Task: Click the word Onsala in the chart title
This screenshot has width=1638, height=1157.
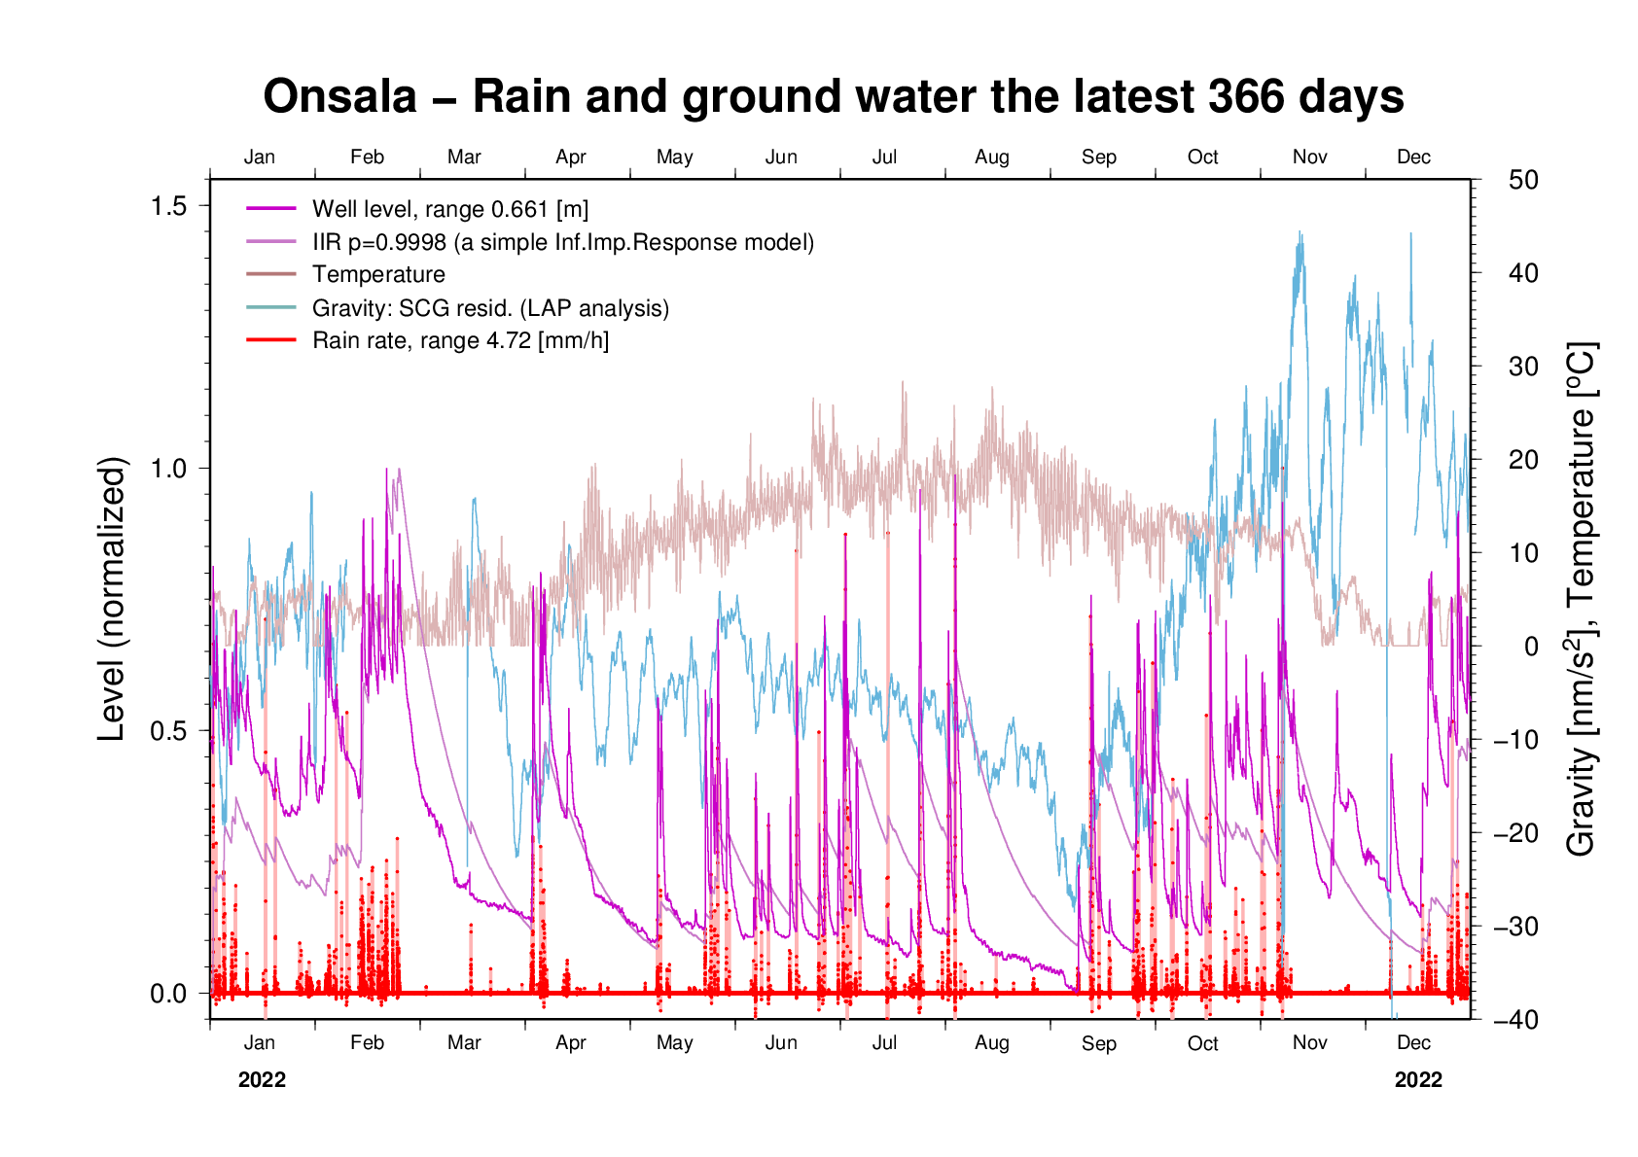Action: pos(339,97)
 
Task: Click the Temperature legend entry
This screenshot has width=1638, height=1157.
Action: pos(378,275)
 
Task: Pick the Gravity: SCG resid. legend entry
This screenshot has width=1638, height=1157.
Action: pos(490,308)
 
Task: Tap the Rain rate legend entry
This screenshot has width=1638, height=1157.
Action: pos(460,341)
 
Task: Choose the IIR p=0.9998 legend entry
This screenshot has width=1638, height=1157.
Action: pos(562,242)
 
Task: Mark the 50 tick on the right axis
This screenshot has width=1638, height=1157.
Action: pos(1524,180)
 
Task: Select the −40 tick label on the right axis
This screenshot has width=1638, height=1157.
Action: pos(1516,1020)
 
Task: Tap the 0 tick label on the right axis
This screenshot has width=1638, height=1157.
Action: pos(1531,647)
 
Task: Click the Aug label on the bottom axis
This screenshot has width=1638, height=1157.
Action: pos(992,1043)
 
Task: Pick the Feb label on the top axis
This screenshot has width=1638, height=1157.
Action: pos(367,158)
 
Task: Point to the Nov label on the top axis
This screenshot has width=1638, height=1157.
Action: pos(1310,158)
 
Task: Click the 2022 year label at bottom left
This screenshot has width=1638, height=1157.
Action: pos(262,1080)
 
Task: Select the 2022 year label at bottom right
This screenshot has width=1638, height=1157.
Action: pos(1418,1080)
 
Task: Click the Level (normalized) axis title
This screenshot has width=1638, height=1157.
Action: pos(113,599)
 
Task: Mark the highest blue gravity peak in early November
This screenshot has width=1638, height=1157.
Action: pos(1300,233)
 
